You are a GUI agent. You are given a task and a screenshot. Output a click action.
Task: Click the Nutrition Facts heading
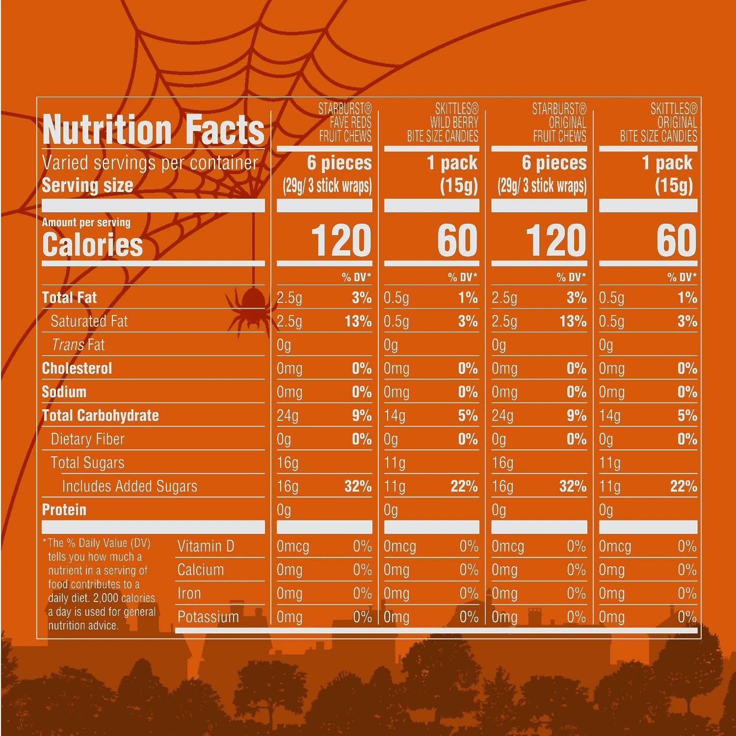point(153,129)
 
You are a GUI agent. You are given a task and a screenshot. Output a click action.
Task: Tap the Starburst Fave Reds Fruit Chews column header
point(345,122)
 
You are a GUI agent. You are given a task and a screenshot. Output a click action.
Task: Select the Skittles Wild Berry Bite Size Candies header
point(443,122)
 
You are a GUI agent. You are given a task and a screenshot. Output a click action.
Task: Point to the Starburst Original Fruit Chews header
point(559,122)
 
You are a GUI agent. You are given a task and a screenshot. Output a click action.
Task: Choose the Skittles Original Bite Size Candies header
point(658,122)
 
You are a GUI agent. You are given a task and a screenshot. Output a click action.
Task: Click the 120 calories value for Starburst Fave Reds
point(341,240)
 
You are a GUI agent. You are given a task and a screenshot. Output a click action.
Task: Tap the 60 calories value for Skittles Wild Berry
point(457,240)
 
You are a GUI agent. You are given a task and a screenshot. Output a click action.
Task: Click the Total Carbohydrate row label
point(101,416)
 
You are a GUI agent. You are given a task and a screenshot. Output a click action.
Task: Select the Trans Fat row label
point(78,345)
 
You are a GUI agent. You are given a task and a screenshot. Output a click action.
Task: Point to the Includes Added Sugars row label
point(130,486)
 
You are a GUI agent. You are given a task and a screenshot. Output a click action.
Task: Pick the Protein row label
point(64,510)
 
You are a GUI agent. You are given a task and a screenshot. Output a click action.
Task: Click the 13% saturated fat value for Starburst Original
point(573,321)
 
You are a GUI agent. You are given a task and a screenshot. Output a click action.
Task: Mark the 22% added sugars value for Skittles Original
point(683,486)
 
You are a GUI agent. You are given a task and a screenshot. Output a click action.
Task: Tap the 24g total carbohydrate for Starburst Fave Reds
point(288,416)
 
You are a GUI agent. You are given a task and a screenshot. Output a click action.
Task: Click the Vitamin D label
point(206,546)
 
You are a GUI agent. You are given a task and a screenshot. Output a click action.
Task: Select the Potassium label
point(208,617)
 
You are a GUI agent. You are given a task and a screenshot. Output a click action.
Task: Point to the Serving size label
point(87,185)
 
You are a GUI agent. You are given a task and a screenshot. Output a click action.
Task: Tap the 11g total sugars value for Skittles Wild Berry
point(394,463)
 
